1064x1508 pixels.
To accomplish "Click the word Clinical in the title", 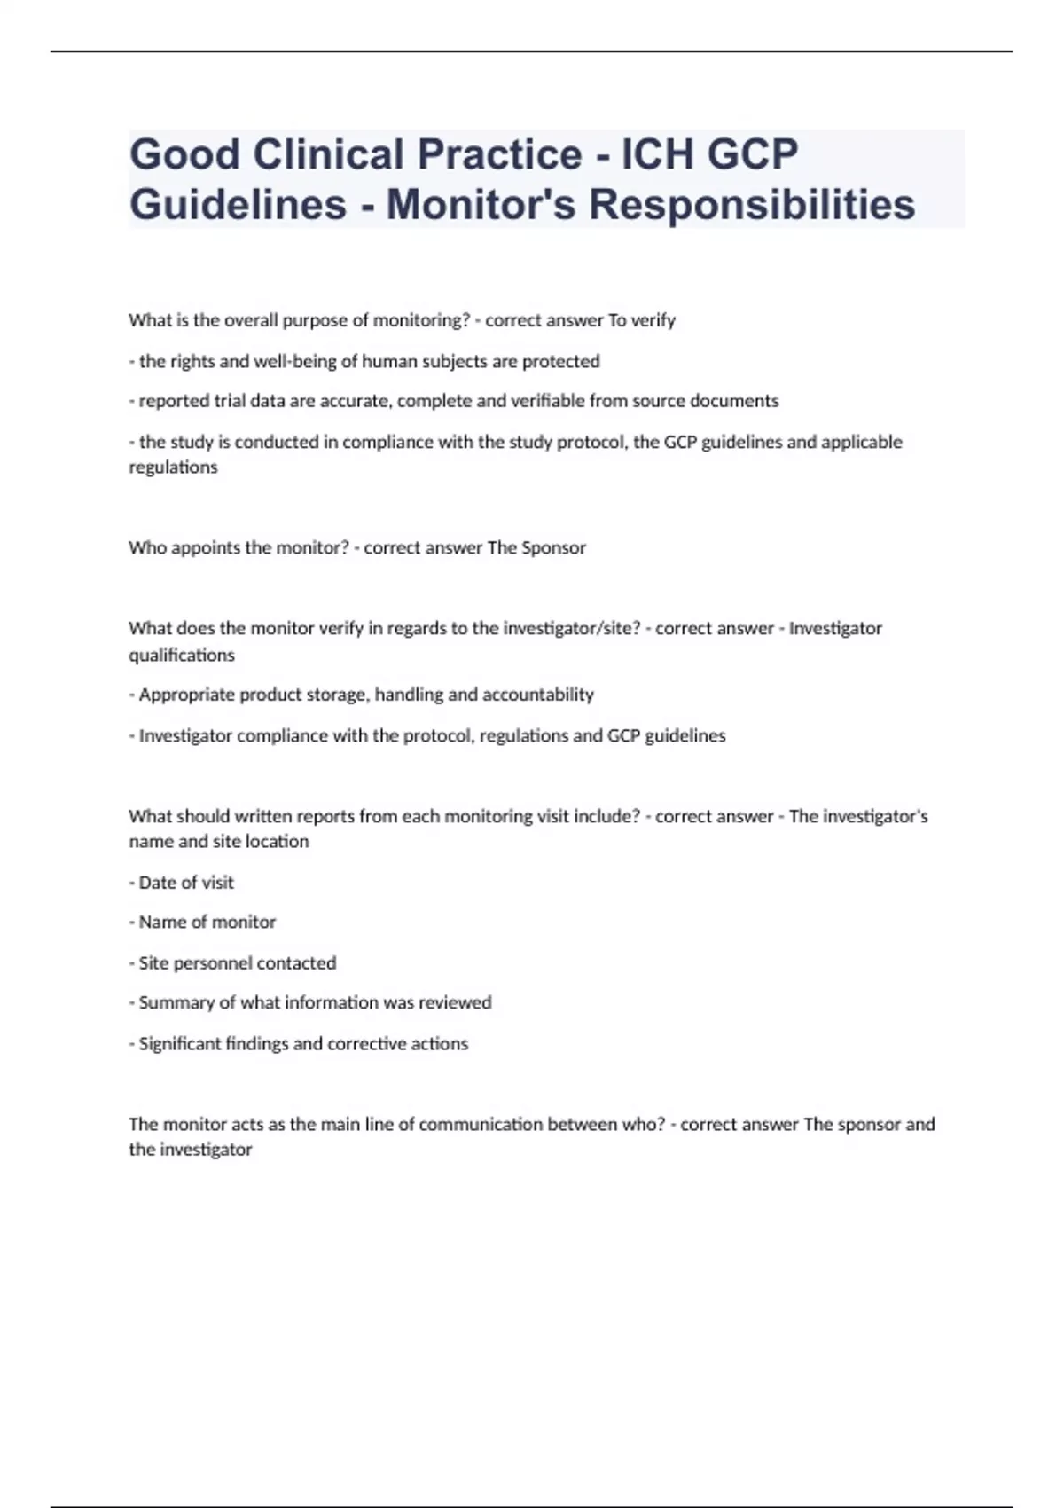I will click(328, 154).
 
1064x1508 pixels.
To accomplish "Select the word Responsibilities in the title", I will click(752, 204).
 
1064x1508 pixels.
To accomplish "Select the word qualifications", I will click(182, 655).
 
